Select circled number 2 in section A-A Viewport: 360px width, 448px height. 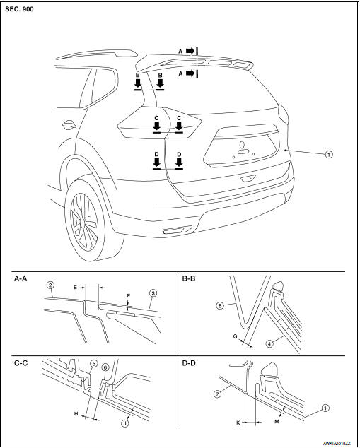point(50,285)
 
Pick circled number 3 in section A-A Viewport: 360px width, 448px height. point(151,293)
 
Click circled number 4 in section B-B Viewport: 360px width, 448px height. point(289,345)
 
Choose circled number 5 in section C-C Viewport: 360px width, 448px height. point(93,365)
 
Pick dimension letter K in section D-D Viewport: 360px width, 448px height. point(238,421)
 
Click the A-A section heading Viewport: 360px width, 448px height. point(22,279)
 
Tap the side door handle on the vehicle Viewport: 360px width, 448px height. point(69,126)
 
